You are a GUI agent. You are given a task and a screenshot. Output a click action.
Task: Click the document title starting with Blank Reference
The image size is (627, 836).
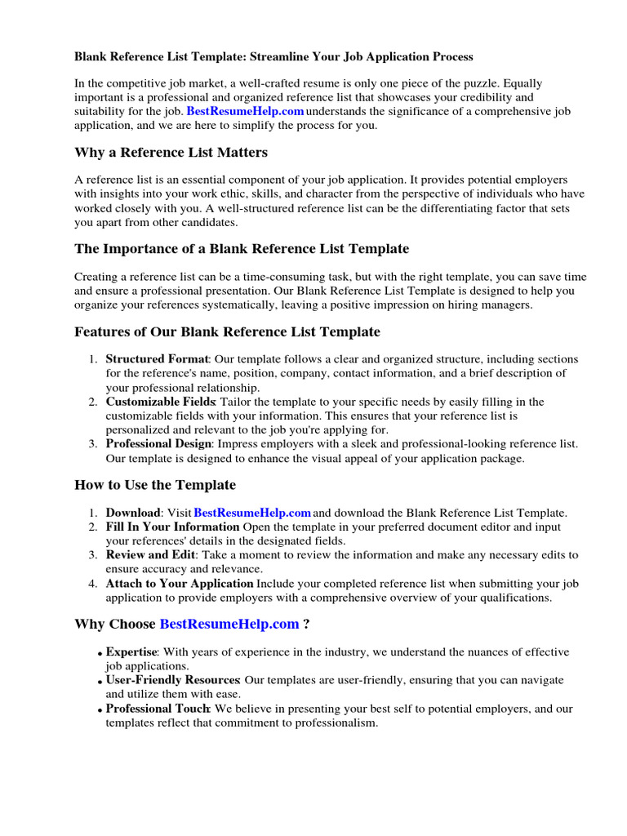pos(273,56)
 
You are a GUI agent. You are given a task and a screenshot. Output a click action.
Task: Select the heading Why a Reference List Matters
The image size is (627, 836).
pos(171,153)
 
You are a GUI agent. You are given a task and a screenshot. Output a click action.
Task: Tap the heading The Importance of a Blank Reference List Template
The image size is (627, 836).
pos(242,248)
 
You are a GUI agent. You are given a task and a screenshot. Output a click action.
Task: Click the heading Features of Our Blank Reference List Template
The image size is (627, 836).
pos(227,331)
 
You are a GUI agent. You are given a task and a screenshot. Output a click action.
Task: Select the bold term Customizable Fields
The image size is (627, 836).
pos(160,402)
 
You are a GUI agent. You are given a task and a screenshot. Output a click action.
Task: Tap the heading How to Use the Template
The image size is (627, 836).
pos(155,485)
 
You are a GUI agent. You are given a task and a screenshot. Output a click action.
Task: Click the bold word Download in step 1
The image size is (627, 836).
pos(133,513)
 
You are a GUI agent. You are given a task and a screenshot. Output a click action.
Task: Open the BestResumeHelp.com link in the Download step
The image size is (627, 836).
pos(252,513)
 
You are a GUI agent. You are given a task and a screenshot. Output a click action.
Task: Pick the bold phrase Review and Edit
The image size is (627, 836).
pos(149,554)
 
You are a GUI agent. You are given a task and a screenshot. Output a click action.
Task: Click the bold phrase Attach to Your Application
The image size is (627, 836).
pos(180,583)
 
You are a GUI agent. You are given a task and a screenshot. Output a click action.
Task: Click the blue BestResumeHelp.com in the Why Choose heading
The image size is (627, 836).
pos(229,625)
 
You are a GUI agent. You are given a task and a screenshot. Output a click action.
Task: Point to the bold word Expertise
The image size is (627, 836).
pos(131,651)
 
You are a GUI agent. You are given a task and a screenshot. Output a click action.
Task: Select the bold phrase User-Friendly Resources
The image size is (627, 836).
pos(172,680)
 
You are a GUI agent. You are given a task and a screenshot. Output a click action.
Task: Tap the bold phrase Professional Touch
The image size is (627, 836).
pos(158,709)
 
